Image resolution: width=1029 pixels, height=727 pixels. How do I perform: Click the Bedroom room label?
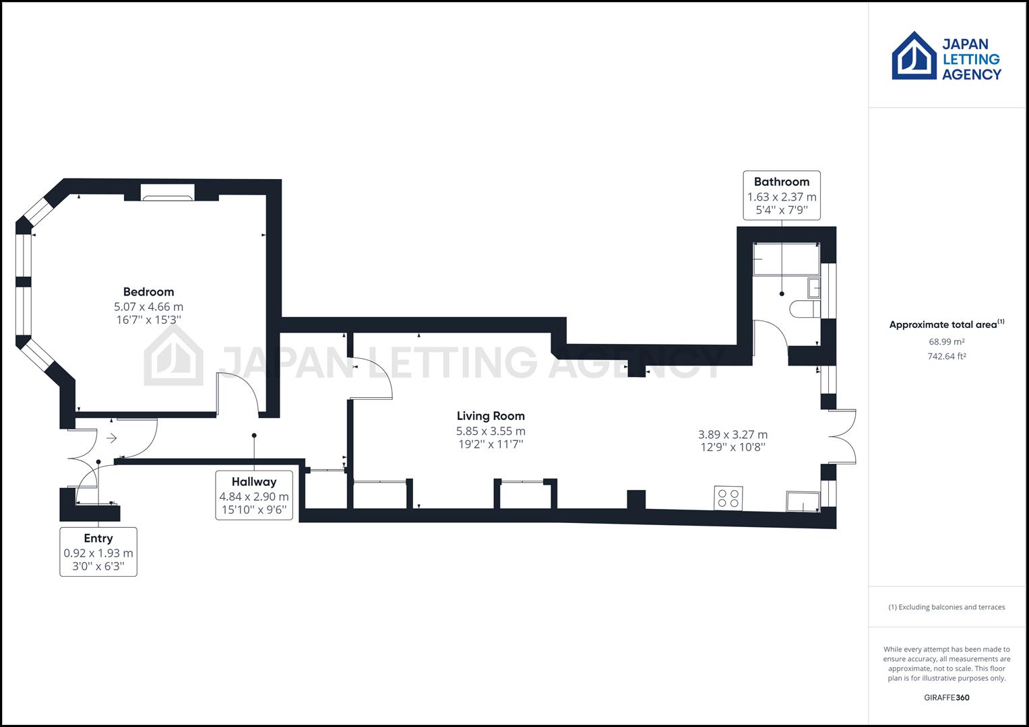point(148,292)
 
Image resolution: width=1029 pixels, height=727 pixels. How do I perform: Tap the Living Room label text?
point(491,416)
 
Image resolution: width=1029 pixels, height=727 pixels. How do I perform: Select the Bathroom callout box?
point(782,195)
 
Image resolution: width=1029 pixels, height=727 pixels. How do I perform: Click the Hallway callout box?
point(254,495)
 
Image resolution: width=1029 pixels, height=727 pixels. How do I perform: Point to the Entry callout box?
point(98,552)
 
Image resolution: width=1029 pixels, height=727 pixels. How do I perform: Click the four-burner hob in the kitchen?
point(728,498)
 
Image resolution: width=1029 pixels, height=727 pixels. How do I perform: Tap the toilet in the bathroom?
point(805,309)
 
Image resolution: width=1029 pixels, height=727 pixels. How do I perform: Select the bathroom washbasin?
point(814,288)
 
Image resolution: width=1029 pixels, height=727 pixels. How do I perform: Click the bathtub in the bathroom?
point(786,259)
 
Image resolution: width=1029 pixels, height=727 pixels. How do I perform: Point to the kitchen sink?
point(803,501)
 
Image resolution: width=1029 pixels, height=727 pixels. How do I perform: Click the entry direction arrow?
point(112,438)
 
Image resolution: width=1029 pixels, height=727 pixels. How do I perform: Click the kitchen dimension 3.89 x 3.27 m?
point(732,434)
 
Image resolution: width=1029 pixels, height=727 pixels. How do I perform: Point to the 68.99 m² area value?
point(946,341)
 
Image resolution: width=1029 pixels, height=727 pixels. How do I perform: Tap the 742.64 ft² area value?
point(946,356)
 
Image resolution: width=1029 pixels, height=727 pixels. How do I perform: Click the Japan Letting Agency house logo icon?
point(914,55)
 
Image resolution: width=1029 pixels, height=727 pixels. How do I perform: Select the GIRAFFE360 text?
point(946,697)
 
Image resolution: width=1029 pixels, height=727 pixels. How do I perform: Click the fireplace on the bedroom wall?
point(168,193)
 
